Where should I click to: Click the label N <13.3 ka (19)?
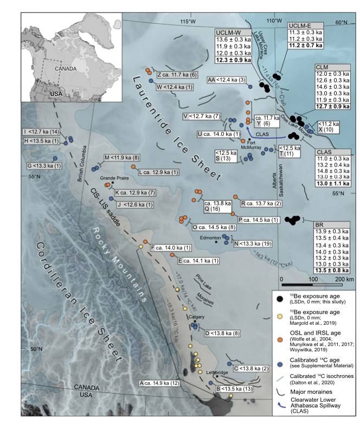coord(253,244)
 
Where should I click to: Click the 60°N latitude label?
coord(341,23)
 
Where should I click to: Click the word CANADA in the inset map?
coord(66,69)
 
